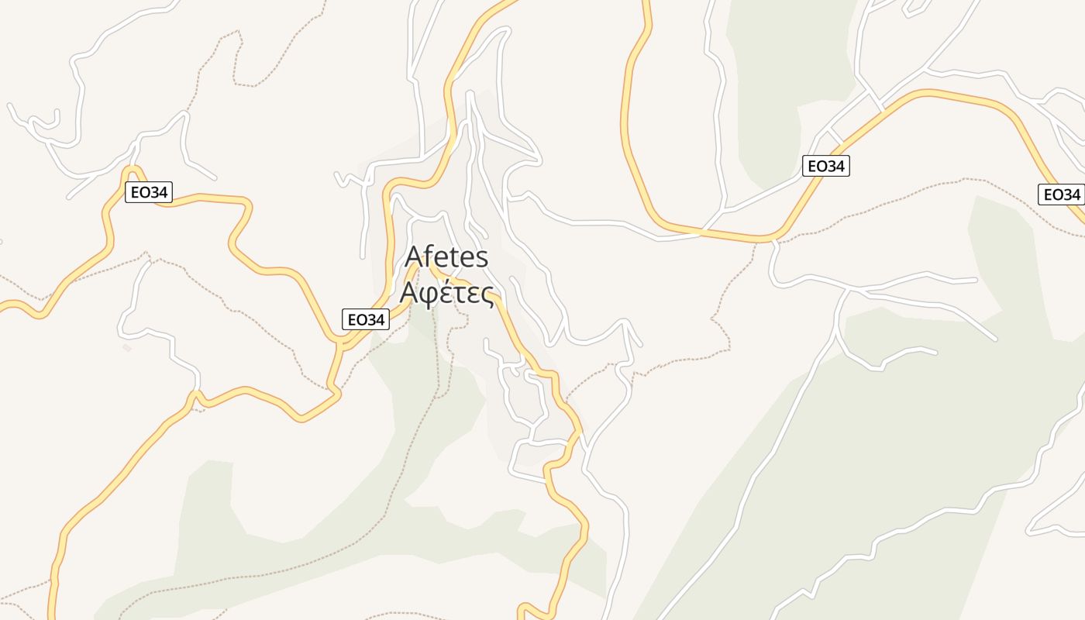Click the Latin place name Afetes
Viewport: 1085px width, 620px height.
tap(447, 257)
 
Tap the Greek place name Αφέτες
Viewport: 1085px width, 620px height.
tap(447, 294)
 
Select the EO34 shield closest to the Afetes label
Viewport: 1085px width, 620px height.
tap(366, 319)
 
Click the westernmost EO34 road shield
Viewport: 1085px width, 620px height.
tap(149, 192)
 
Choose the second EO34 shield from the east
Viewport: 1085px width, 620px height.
tap(825, 165)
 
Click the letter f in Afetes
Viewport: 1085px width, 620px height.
tap(429, 256)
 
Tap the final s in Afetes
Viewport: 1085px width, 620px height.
tap(482, 258)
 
